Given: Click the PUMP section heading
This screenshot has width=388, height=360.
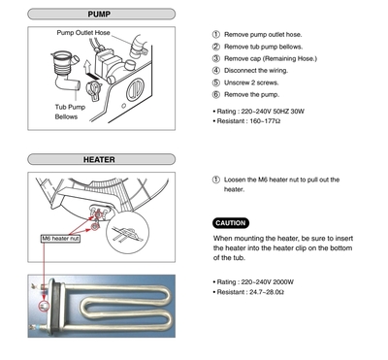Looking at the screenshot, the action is click(x=99, y=15).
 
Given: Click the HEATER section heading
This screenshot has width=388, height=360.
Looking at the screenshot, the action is click(x=99, y=159).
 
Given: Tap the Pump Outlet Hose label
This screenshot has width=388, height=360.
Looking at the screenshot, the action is click(x=83, y=33).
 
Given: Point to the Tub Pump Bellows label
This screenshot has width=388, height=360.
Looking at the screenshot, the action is click(x=70, y=112).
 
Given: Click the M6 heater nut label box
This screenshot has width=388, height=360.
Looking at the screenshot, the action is click(x=60, y=239).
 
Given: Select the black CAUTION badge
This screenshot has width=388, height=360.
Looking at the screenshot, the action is click(x=231, y=223).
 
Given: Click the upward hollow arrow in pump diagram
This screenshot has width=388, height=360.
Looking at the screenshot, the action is click(x=87, y=67).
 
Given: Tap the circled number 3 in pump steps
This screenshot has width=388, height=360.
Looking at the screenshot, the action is click(x=216, y=58).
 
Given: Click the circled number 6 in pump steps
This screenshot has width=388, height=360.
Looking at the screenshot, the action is click(x=216, y=94).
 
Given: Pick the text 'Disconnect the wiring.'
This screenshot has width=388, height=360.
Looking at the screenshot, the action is click(x=256, y=71).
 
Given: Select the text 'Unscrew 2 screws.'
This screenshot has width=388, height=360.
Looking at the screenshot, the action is click(x=251, y=82).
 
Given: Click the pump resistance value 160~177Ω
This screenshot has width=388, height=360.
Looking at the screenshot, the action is click(x=265, y=121).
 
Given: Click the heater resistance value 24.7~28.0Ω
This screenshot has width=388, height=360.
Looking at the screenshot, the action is click(x=267, y=292).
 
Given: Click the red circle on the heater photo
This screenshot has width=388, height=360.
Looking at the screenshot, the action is click(x=44, y=306).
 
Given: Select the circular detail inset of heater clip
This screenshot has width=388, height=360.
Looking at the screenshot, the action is click(x=128, y=233).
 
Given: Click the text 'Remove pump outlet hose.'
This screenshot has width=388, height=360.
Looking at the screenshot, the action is click(x=263, y=35).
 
